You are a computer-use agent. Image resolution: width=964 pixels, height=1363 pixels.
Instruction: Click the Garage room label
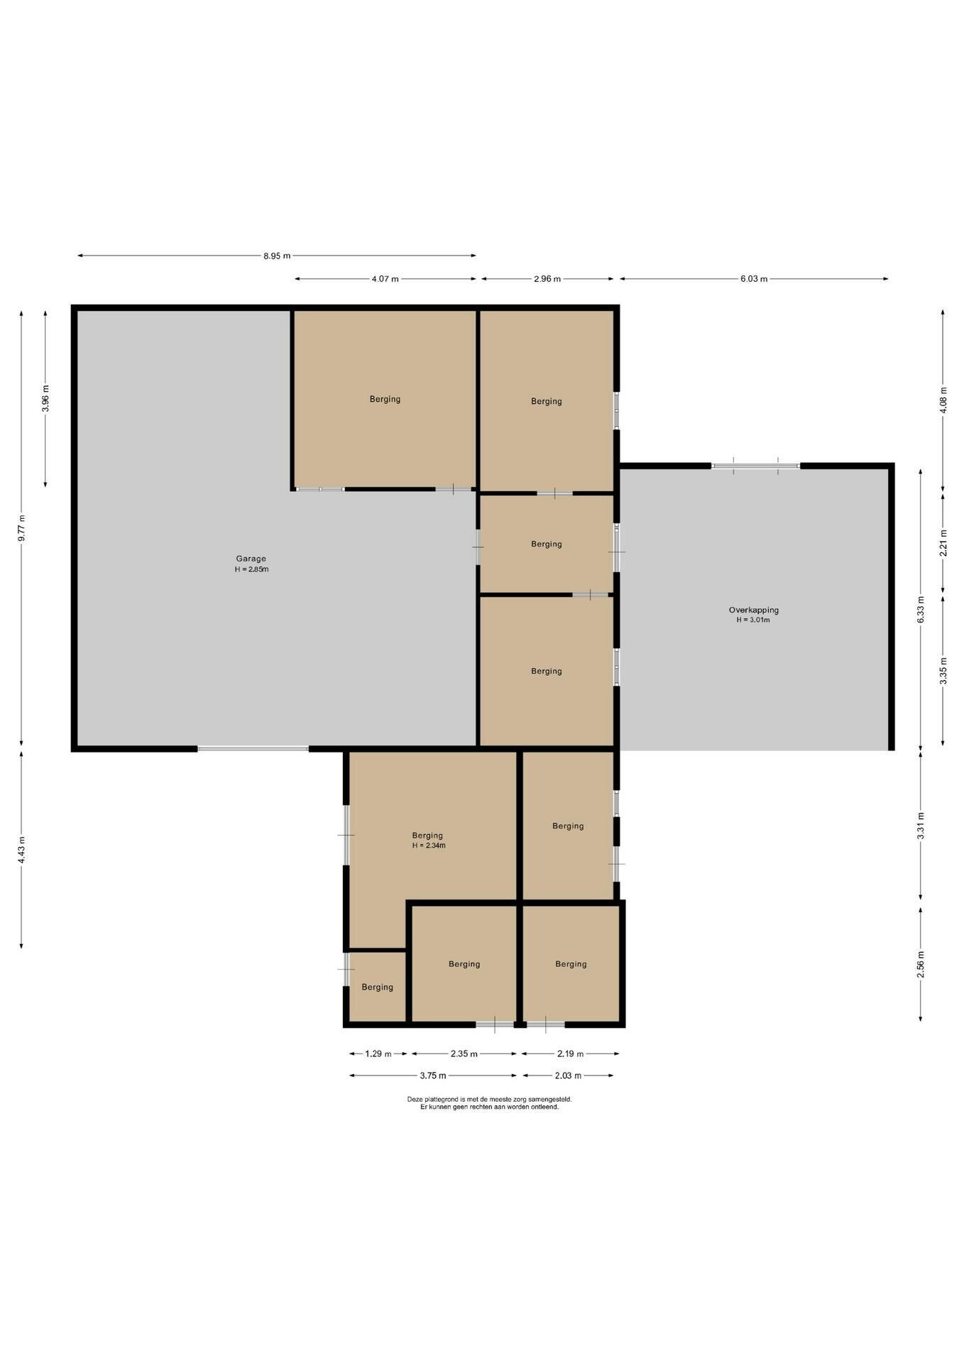[x=251, y=559]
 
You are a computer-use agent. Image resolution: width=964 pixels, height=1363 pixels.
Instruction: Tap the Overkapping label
[x=753, y=610]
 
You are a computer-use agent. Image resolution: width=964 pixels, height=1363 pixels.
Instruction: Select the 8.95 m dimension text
[x=277, y=256]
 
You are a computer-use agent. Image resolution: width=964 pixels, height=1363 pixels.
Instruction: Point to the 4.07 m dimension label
[x=385, y=279]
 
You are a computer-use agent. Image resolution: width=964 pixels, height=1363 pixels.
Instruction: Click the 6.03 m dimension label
[x=754, y=279]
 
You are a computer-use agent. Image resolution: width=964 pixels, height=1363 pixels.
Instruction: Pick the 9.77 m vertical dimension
[x=21, y=528]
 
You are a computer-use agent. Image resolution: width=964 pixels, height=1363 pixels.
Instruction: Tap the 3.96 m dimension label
[x=45, y=398]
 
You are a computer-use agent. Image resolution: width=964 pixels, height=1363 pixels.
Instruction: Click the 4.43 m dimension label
[x=21, y=850]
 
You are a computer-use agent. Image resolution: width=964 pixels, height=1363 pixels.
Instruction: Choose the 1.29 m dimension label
[x=378, y=1053]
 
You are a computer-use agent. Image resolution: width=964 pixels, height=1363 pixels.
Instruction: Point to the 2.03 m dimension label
[x=568, y=1075]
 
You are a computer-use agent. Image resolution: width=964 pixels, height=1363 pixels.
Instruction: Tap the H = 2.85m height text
[x=251, y=569]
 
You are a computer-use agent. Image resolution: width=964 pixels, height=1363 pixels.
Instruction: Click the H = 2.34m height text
[x=429, y=845]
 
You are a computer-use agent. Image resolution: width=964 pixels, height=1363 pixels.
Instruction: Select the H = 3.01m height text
[x=753, y=620]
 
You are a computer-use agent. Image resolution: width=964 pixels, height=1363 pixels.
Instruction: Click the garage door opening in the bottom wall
[x=253, y=748]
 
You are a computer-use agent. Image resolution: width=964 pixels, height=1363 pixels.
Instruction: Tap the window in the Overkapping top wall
[x=756, y=466]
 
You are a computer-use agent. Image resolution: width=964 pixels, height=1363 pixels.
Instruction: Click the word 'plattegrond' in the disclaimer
[x=442, y=1099]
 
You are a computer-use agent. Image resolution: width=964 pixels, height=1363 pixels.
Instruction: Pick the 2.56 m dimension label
[x=921, y=964]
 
